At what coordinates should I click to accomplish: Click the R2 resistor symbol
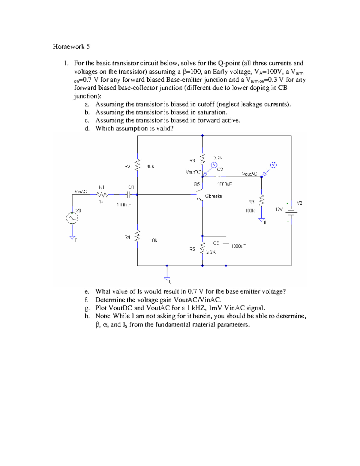coord(138,165)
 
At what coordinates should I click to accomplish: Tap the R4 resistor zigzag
coord(138,236)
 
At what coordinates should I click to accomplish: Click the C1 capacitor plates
coord(128,195)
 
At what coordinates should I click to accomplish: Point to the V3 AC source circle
coord(72,218)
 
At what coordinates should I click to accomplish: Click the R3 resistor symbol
coord(202,159)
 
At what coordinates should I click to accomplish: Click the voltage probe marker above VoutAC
coord(273,165)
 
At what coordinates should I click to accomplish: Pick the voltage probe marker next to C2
coord(214,165)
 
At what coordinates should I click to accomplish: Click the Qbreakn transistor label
coord(214,196)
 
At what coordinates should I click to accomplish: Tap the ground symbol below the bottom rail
coord(167,278)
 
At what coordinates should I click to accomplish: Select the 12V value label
coord(279,209)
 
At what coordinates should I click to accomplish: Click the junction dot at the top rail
coord(202,136)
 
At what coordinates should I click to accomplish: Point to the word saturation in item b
coord(211,113)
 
